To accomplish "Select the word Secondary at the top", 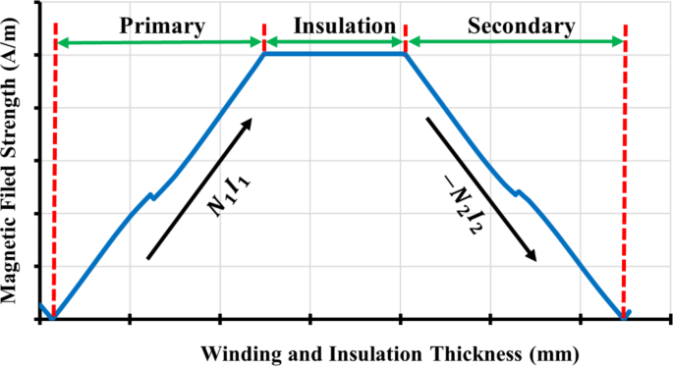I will [x=516, y=24].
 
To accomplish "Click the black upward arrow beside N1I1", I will [x=199, y=188].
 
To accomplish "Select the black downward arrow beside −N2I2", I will [x=481, y=189].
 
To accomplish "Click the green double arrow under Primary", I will [x=160, y=42].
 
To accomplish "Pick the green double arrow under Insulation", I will [x=335, y=42].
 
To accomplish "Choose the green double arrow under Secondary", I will [x=517, y=42].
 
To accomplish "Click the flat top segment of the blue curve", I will [x=335, y=54].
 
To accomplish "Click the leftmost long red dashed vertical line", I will [x=55, y=177].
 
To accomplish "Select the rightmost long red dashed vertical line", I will [x=625, y=177].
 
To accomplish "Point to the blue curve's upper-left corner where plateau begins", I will [x=265, y=54].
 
